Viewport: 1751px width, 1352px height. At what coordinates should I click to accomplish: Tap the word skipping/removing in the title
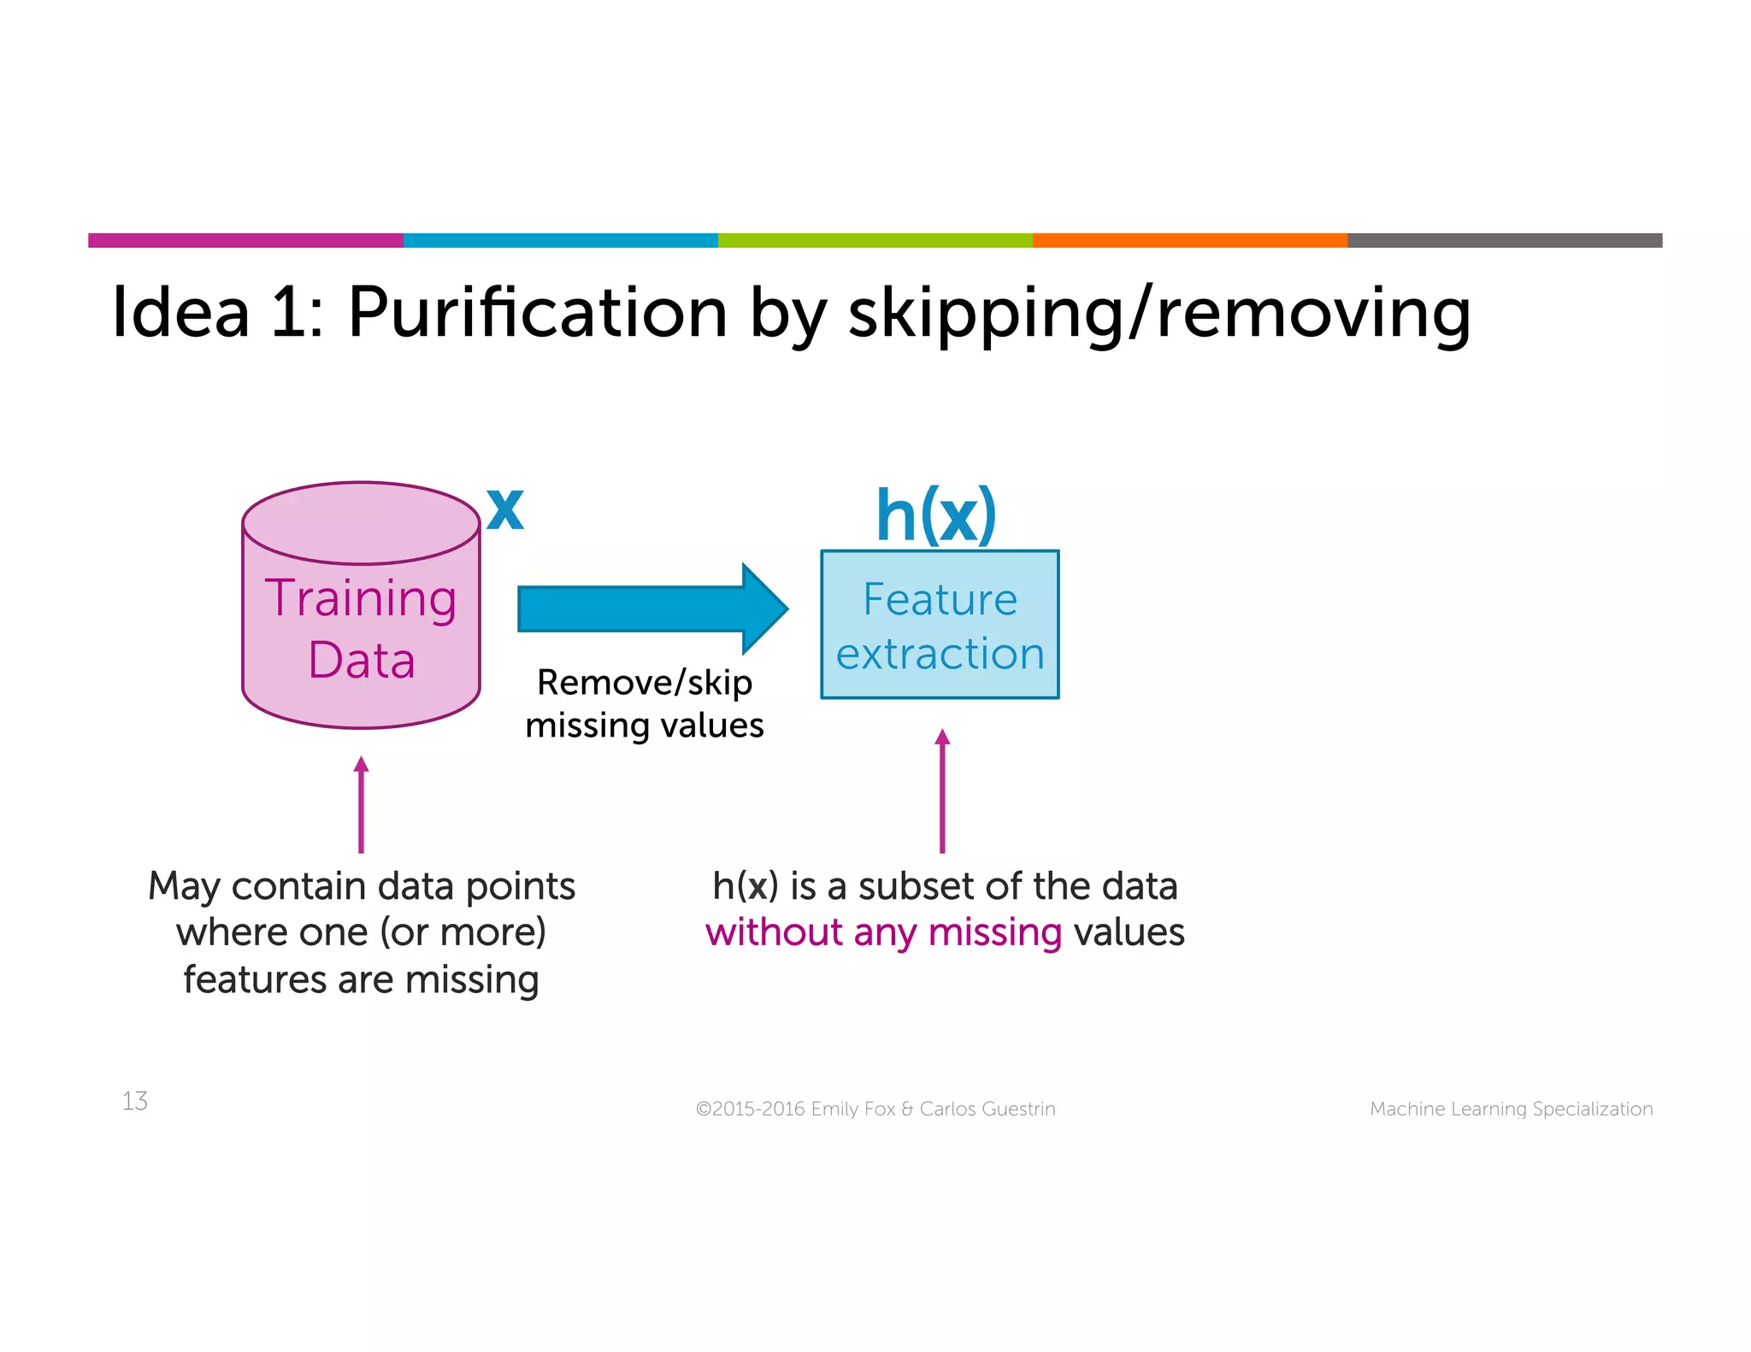point(1158,313)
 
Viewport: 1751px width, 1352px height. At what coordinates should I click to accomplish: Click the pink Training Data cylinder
point(361,628)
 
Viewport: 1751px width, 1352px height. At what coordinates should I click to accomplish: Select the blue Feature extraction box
point(940,625)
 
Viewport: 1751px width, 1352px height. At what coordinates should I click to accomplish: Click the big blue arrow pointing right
point(650,609)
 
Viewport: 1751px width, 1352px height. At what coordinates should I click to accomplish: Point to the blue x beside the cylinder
point(504,509)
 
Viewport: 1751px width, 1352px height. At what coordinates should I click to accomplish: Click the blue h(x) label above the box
point(936,515)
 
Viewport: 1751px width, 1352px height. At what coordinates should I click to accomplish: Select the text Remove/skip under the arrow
point(644,683)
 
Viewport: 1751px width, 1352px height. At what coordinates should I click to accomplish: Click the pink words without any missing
point(883,932)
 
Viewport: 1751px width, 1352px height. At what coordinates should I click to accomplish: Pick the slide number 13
point(135,1101)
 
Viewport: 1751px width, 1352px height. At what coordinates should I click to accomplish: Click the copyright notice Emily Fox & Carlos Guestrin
point(875,1109)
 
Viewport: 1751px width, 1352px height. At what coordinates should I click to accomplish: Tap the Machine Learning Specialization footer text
point(1511,1109)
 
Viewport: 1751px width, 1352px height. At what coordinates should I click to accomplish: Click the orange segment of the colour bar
point(1189,240)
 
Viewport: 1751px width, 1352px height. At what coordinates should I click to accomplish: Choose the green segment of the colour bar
point(875,240)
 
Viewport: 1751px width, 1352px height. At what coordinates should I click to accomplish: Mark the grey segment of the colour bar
point(1504,240)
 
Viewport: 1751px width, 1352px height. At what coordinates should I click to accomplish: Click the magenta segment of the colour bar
point(245,240)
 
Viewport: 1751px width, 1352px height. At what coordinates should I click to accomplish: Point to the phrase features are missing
point(361,980)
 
